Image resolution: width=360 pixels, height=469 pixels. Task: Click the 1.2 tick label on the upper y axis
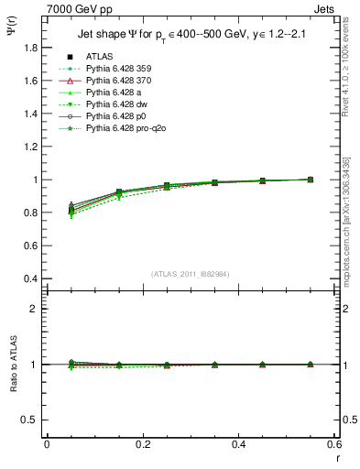[32, 146]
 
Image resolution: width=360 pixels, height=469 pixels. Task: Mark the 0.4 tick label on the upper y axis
[32, 278]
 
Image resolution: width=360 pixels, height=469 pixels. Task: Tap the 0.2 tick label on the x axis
[142, 444]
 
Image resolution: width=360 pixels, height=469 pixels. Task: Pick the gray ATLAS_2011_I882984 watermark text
[190, 274]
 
